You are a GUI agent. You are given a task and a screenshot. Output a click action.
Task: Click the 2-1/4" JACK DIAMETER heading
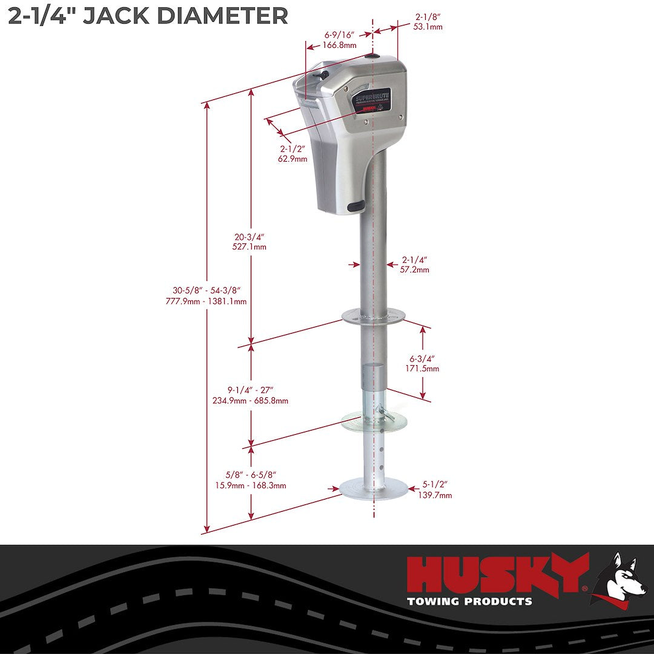[148, 16]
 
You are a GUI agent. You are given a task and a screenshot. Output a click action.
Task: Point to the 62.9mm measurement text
[293, 159]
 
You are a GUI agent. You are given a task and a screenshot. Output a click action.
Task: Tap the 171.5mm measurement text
[424, 368]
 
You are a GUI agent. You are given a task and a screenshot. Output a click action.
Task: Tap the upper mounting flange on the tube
[373, 315]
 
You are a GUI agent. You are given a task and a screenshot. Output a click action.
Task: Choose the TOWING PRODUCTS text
[470, 601]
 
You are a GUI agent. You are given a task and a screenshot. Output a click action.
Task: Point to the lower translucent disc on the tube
[373, 422]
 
